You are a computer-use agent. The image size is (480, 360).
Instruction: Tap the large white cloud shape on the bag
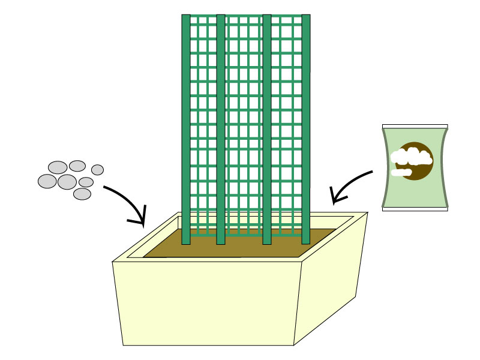point(411,157)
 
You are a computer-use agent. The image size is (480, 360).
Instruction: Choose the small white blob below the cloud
point(401,173)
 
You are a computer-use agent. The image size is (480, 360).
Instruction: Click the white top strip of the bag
point(415,126)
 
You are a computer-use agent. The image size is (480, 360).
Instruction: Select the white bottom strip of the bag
point(415,209)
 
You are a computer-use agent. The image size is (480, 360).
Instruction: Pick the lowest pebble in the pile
point(82,194)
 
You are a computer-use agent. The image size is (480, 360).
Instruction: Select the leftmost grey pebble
point(47,181)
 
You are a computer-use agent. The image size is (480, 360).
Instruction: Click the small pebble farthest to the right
point(97,170)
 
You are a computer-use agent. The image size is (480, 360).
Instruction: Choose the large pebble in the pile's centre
point(67,182)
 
